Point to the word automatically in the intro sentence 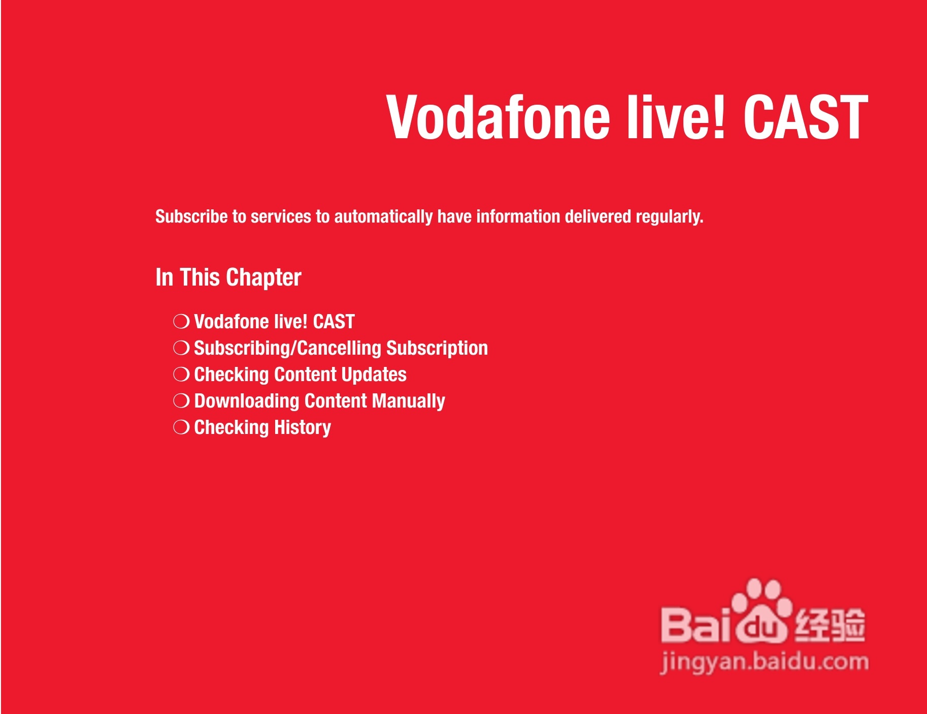[383, 217]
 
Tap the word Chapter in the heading [263, 278]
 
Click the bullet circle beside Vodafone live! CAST [181, 321]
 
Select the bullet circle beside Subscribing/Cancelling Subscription [181, 348]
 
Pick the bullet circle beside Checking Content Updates [181, 374]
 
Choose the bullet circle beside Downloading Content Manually [181, 400]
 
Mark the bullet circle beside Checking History [181, 427]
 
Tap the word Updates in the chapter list [374, 375]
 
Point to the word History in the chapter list [303, 428]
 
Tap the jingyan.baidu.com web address [765, 662]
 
